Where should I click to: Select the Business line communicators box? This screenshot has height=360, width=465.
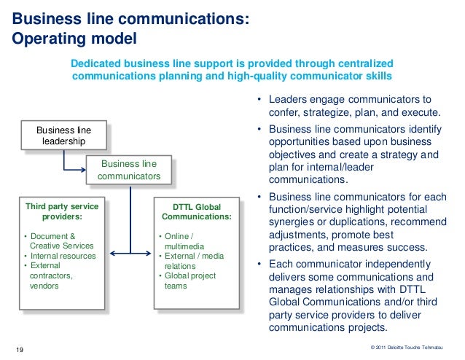pos(130,170)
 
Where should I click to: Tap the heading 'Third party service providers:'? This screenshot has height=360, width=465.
pos(62,211)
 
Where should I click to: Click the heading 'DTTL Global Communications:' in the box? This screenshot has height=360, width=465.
pos(197,211)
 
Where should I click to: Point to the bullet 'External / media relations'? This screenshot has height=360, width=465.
pos(192,261)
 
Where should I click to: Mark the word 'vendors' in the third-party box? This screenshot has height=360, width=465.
pos(44,286)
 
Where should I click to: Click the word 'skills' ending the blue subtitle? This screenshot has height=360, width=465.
pos(378,76)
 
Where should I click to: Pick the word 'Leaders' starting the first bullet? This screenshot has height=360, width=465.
pos(289,99)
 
